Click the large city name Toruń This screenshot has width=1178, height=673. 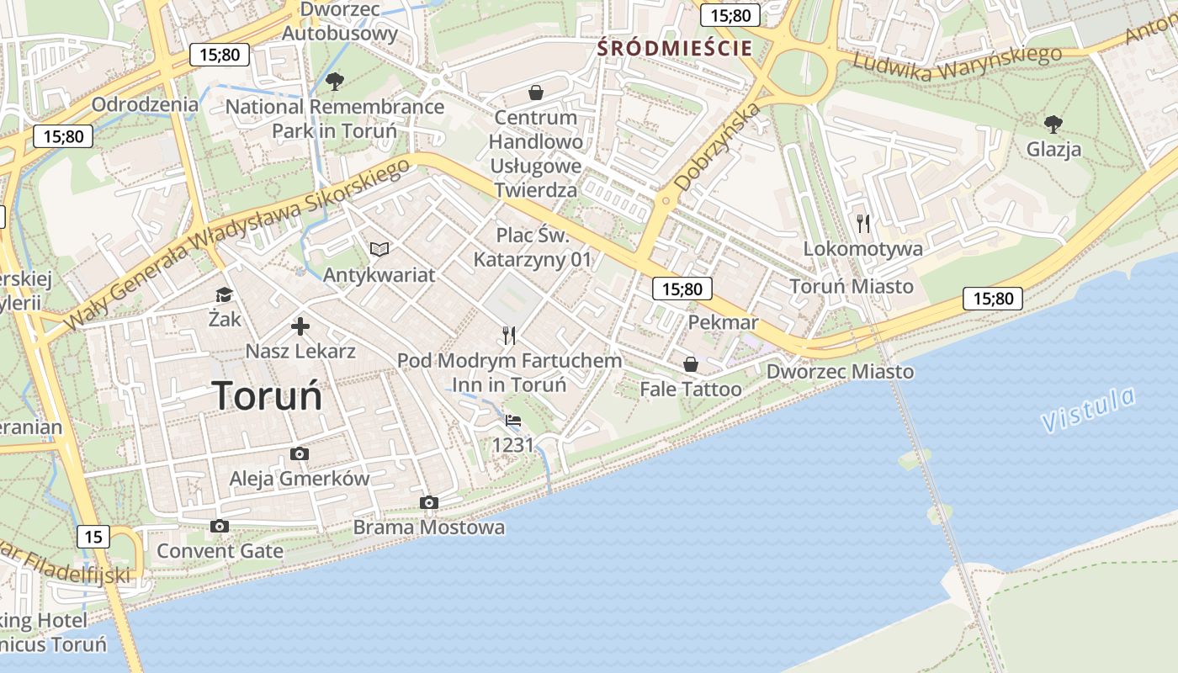tap(267, 395)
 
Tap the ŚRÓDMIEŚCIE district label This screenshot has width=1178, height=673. tap(674, 48)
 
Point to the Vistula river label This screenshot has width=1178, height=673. tap(1088, 410)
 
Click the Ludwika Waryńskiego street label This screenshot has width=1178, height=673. tap(957, 61)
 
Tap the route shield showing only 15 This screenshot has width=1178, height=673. tap(93, 536)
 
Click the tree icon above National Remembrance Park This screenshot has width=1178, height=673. tap(335, 82)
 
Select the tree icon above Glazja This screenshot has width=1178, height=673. tap(1053, 125)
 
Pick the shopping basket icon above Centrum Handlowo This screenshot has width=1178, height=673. tap(535, 92)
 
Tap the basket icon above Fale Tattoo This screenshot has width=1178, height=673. tap(691, 364)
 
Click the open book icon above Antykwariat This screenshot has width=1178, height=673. tap(379, 249)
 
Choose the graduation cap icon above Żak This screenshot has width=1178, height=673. tap(224, 294)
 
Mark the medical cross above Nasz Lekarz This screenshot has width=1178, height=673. tap(300, 326)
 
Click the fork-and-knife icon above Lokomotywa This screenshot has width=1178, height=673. tap(862, 223)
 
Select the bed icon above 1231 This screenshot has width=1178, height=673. tap(513, 420)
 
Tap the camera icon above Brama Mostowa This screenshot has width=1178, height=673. tap(429, 502)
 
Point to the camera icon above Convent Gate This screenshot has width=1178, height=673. tap(220, 526)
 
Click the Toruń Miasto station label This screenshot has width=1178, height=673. tap(852, 286)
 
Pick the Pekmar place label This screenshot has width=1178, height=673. tap(723, 322)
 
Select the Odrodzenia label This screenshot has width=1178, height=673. tap(146, 104)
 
